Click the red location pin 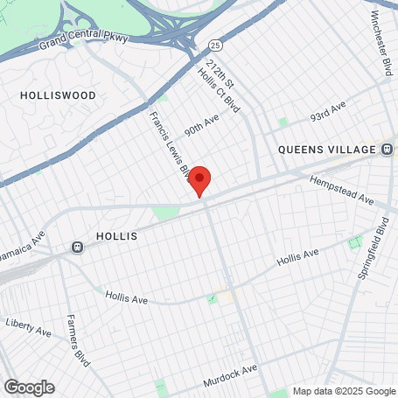point(200,179)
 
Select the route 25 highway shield point(215,44)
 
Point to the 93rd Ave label point(329,115)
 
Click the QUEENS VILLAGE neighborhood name point(326,150)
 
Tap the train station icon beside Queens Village point(386,150)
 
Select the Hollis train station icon point(78,247)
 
